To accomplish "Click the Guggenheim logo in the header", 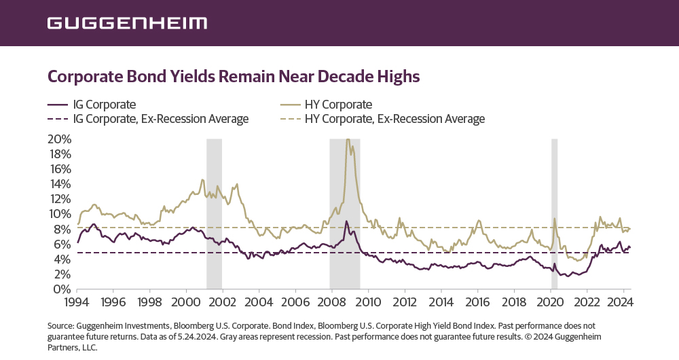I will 127,23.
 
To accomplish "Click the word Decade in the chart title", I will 337,75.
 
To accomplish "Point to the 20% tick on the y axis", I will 60,139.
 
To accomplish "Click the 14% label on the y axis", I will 60,184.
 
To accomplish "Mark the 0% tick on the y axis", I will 63,289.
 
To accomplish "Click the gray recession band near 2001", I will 214,214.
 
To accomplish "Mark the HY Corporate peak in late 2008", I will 348,140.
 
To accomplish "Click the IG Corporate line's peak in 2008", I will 346,221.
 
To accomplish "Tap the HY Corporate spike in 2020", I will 554,219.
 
